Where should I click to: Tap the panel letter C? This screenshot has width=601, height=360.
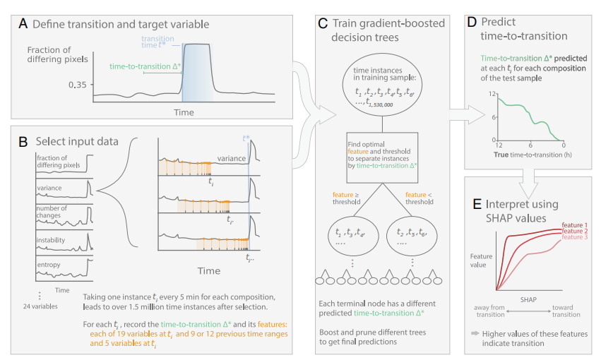(322, 23)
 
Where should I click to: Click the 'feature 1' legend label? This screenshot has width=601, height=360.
(574, 224)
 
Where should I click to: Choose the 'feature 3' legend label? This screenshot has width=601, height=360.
(574, 239)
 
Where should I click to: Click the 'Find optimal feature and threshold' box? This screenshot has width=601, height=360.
(379, 156)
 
